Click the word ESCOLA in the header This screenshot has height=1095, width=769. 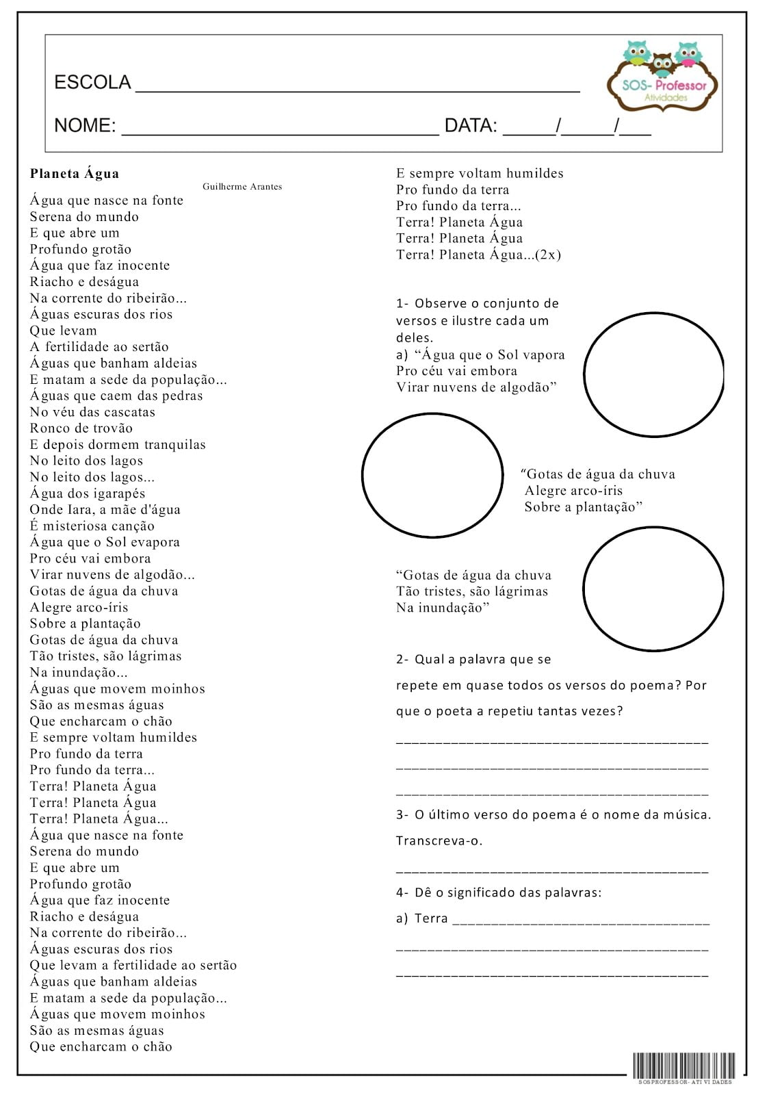point(92,83)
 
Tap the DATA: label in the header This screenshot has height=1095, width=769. point(471,126)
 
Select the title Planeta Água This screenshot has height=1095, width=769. point(75,174)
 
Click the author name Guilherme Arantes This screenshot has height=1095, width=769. point(242,187)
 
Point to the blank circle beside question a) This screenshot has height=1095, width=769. point(653,374)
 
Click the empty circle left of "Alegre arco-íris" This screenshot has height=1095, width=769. point(432,475)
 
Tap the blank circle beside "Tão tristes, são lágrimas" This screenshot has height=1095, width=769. point(653,589)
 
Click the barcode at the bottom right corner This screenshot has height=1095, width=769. point(683,1066)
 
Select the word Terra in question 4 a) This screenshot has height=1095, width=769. point(431,918)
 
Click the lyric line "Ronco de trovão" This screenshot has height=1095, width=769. point(81,428)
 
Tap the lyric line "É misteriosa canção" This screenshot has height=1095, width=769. point(92,526)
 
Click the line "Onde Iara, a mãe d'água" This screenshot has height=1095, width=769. point(105,510)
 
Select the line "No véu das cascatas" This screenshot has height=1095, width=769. point(92,412)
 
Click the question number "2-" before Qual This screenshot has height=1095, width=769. point(402,660)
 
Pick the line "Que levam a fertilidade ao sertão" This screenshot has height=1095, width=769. point(133,966)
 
